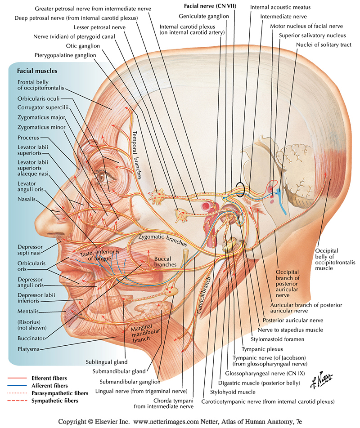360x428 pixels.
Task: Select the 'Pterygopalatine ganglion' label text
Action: point(65,55)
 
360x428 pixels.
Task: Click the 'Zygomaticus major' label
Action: point(39,117)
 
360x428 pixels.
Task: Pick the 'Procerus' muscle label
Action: point(28,138)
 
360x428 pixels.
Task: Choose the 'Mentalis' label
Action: point(27,311)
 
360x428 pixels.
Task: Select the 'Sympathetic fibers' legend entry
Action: point(54,400)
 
